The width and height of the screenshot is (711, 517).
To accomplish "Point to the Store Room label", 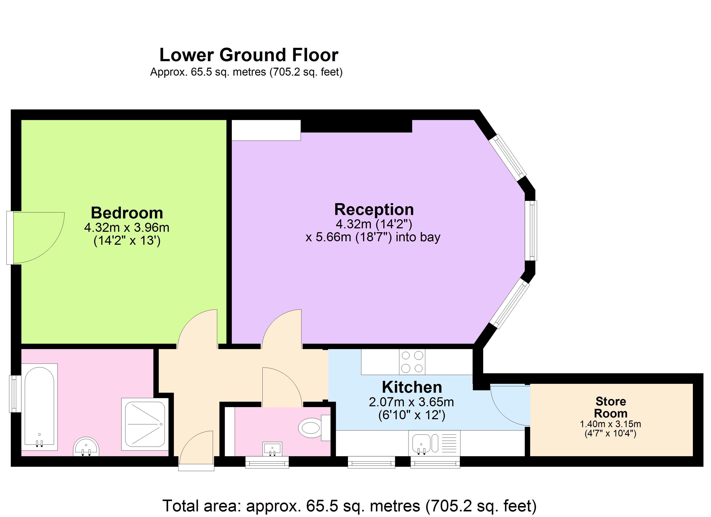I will [x=610, y=407].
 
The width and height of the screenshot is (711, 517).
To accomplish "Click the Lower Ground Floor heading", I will [x=249, y=55].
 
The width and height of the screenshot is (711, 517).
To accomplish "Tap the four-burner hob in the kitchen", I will [x=412, y=362].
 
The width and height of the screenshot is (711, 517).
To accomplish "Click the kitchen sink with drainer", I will [x=434, y=443].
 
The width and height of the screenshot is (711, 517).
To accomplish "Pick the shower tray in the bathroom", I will [x=145, y=424].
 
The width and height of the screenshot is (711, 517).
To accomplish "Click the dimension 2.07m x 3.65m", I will [x=411, y=402].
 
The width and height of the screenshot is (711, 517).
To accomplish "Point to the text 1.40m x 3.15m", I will [x=610, y=424].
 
